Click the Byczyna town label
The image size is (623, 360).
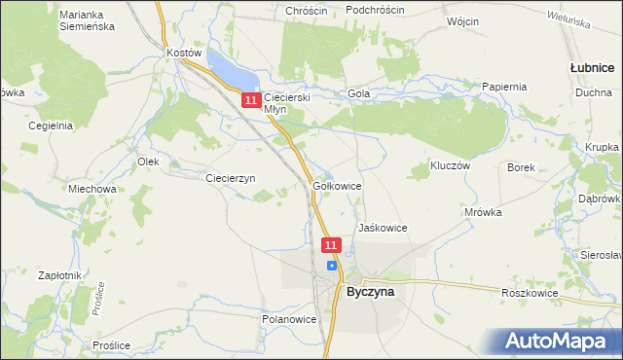click(x=371, y=290)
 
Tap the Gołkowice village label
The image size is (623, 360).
click(x=338, y=185)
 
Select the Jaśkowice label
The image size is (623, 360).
click(x=383, y=228)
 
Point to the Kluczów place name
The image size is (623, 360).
click(x=451, y=166)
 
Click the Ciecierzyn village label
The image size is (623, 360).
click(x=230, y=178)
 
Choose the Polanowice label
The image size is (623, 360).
click(x=289, y=318)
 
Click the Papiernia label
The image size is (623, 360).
click(x=504, y=86)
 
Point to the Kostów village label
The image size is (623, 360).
click(x=184, y=52)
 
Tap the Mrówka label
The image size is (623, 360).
click(x=483, y=211)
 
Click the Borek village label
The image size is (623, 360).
click(x=522, y=167)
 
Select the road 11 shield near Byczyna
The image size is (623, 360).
click(x=332, y=246)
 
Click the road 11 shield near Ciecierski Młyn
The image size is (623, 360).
click(x=251, y=100)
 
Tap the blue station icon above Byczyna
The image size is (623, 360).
click(x=332, y=265)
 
